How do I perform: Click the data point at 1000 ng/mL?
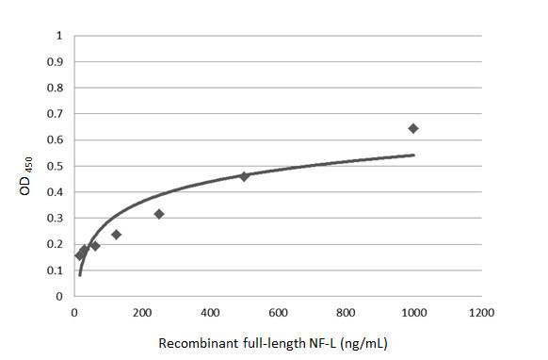412,128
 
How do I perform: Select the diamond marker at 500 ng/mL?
244,176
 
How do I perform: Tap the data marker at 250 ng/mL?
159,214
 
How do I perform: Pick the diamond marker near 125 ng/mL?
116,234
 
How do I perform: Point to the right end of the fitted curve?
413,155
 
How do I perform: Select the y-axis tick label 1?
60,37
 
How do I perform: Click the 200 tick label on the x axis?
142,312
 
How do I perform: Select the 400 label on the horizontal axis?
210,312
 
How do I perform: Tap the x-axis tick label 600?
278,312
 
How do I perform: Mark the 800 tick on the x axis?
346,312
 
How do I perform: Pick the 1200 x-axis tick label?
481,312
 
